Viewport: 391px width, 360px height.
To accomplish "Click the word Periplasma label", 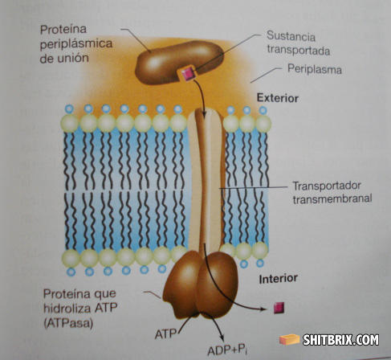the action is point(315,69).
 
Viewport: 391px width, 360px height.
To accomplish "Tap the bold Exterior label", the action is point(278,98).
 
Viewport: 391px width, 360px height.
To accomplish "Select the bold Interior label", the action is point(278,279).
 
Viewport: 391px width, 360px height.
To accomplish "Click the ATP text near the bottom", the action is point(165,334).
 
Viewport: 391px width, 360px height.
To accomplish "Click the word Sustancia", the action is point(291,36).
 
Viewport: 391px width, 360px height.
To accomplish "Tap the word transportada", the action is point(298,51).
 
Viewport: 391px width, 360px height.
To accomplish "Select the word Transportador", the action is point(327,186).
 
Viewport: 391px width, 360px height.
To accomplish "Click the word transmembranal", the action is point(332,198).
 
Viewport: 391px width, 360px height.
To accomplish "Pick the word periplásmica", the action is point(76,44).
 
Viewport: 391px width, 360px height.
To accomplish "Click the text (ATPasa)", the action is point(68,323).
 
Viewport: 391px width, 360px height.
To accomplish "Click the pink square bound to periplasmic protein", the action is point(188,73).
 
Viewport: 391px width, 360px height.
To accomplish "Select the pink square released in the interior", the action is point(279,308).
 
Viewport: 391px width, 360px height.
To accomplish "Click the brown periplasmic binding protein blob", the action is point(179,63).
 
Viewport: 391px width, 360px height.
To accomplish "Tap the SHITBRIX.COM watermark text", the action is point(340,340).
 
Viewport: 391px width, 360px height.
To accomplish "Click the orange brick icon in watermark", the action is point(290,340).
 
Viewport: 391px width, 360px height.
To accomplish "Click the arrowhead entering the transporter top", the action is point(204,114).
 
